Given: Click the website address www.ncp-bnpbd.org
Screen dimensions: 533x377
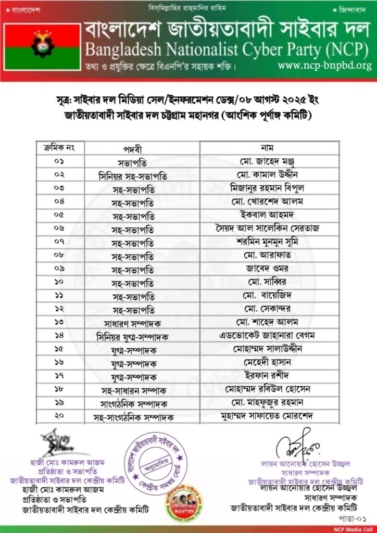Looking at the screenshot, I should click(x=324, y=66).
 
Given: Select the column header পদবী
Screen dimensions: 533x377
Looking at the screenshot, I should click(x=133, y=148).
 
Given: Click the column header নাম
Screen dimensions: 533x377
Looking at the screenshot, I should click(x=266, y=148).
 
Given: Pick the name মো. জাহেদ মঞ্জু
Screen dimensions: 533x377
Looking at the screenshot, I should click(x=266, y=161).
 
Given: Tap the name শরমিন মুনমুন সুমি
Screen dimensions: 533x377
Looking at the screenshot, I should click(x=266, y=242).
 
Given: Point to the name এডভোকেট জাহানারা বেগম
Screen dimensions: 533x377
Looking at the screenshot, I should click(x=266, y=336).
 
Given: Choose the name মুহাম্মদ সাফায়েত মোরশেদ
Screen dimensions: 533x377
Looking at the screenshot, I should click(x=266, y=416).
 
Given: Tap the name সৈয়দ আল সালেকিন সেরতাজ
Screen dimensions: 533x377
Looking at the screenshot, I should click(x=266, y=228).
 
